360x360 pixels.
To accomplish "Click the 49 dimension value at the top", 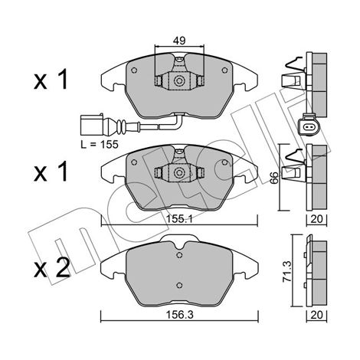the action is [179, 41].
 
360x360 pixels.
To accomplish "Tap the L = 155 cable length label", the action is [100, 145].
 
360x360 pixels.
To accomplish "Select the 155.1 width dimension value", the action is [179, 219].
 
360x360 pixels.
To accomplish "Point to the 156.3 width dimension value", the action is [180, 315].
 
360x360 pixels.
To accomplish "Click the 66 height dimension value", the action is [273, 178].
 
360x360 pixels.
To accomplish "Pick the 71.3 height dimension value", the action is [288, 271].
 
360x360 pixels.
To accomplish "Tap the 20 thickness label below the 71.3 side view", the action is [317, 315].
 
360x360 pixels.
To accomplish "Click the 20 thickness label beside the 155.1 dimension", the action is [317, 219].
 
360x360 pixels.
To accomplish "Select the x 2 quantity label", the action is [52, 267].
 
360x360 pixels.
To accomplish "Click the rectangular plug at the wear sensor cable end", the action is [92, 125].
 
